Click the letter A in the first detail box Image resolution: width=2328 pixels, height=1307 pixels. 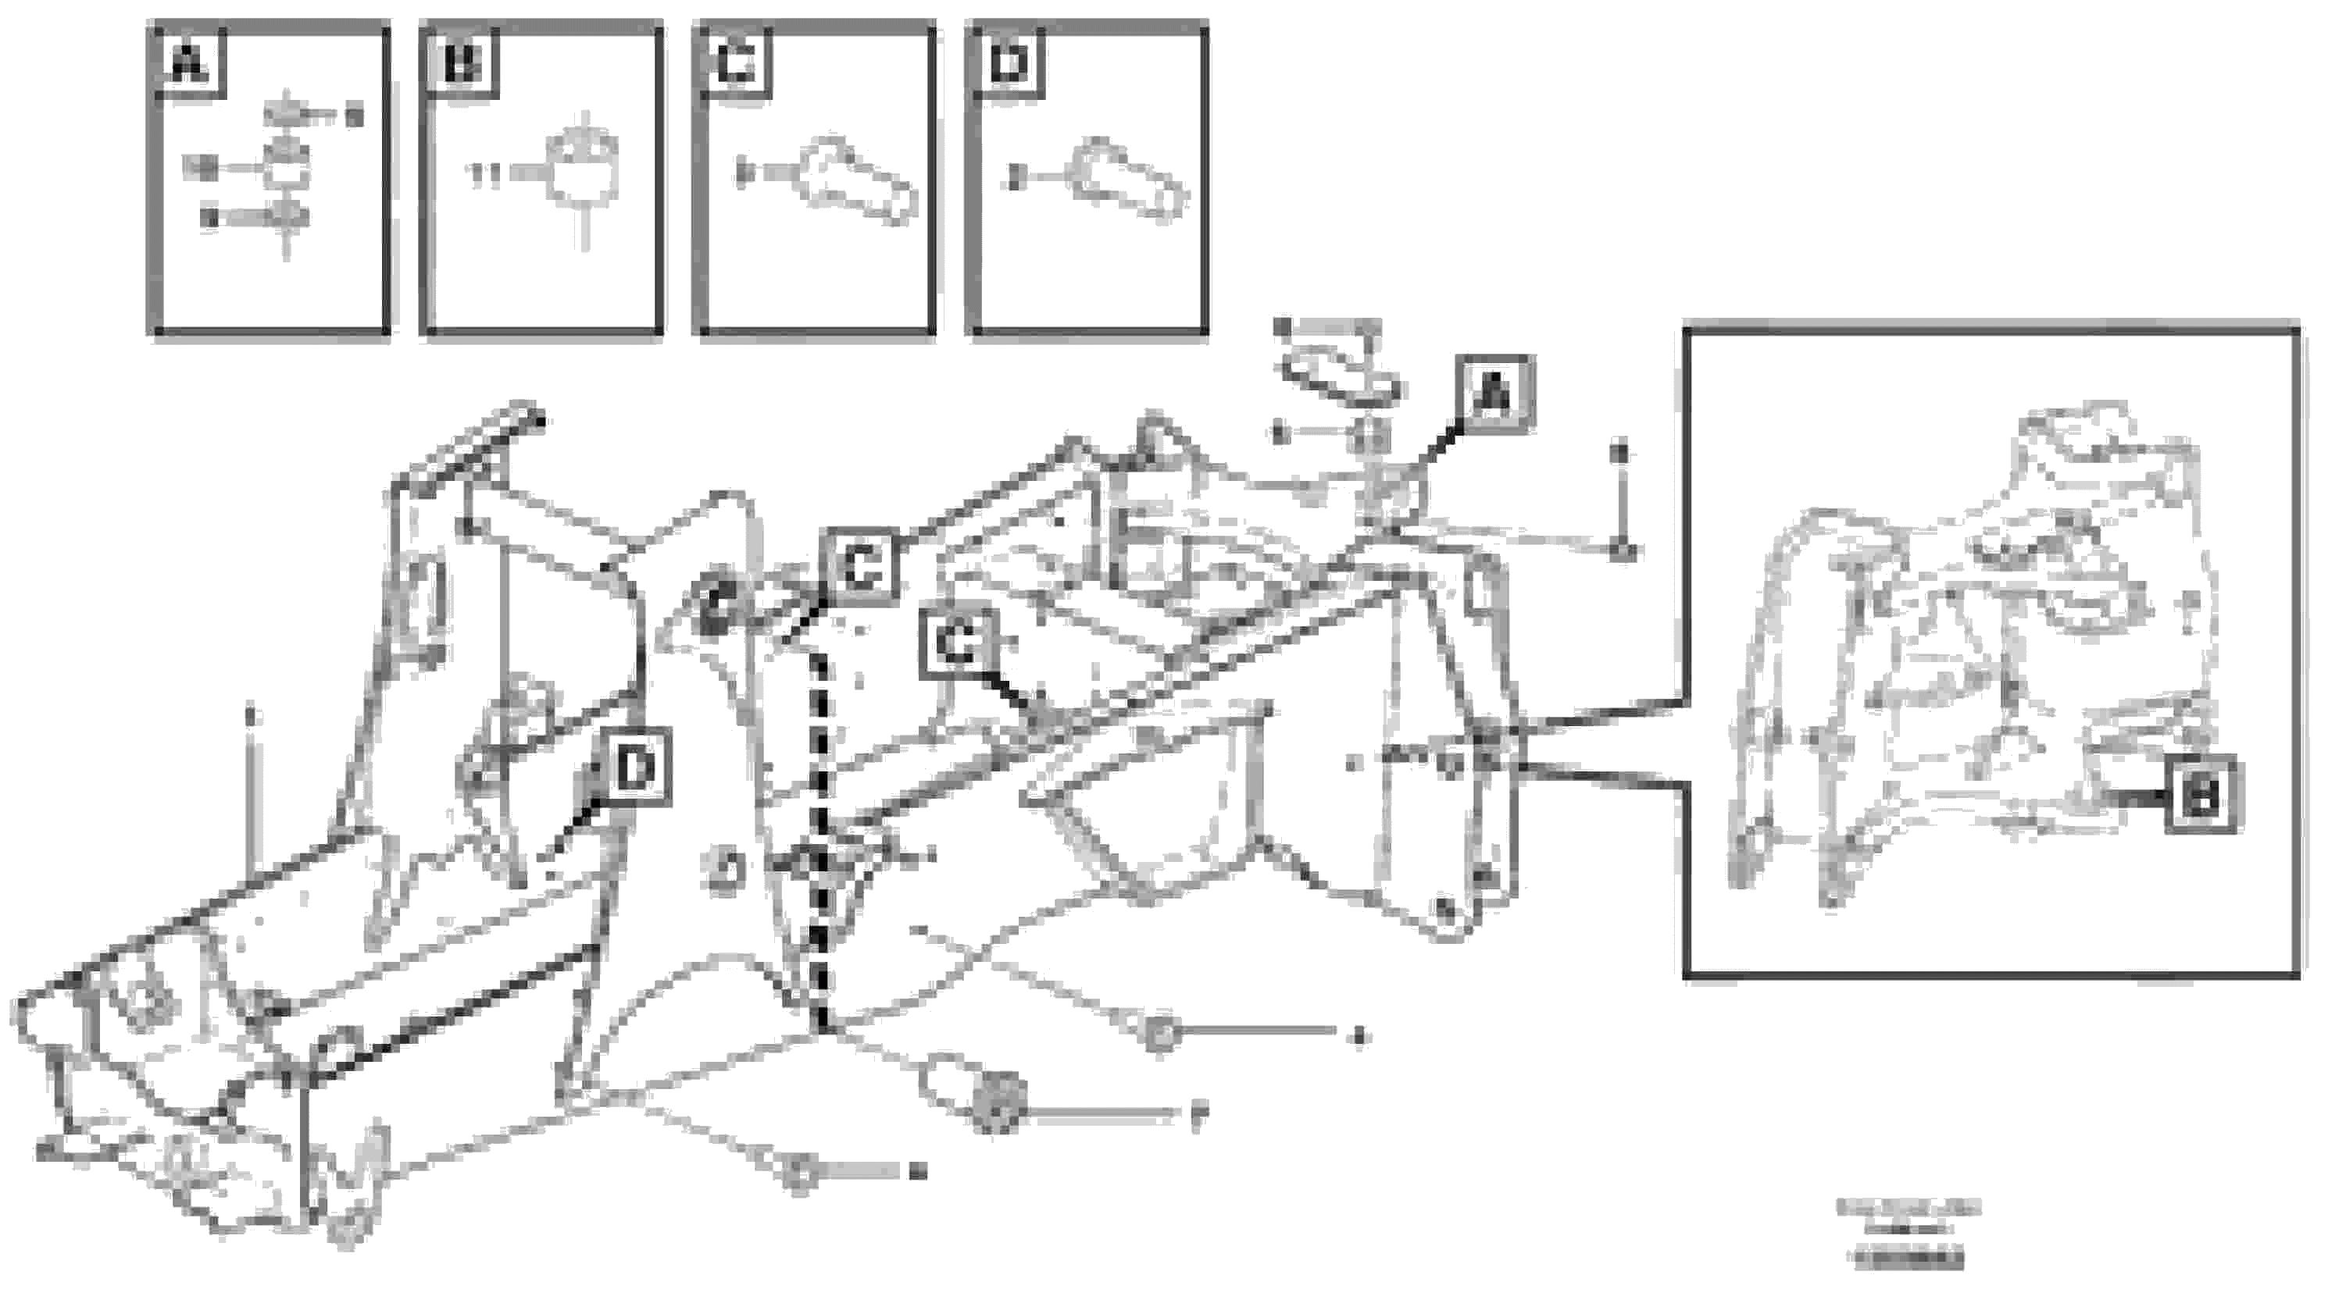click(x=189, y=64)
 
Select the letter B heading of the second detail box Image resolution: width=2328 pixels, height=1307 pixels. click(x=462, y=64)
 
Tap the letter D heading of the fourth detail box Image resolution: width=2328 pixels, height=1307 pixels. click(x=1009, y=64)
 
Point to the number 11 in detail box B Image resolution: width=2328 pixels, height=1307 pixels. click(x=485, y=174)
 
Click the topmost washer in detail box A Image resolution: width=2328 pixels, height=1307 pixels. click(x=287, y=116)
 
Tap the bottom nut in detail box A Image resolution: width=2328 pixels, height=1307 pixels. click(x=287, y=217)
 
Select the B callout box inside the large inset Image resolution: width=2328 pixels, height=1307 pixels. click(x=2201, y=795)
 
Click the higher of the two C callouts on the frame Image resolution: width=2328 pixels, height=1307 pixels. click(x=860, y=566)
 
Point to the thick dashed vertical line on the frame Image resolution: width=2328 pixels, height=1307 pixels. click(x=820, y=840)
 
